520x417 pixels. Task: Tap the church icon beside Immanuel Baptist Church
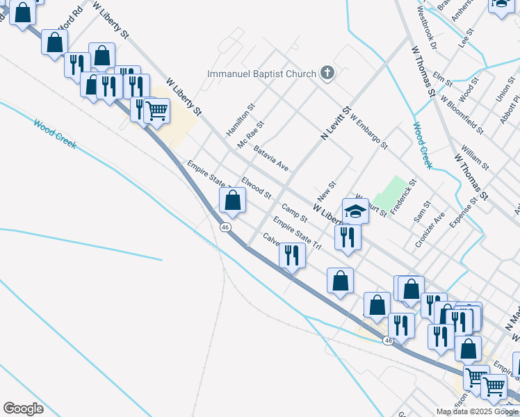pos(327,73)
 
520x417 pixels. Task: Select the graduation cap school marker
pos(355,211)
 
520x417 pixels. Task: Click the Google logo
pos(23,409)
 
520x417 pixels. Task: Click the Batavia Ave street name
pos(271,158)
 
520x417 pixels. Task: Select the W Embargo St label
pos(368,133)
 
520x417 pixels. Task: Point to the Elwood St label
pos(256,187)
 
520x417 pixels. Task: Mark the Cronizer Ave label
pos(430,231)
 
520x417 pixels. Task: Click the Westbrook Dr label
pos(425,27)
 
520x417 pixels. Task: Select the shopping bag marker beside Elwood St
pos(232,202)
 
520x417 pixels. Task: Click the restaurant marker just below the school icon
pos(346,237)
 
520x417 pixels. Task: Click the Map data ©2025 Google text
pos(477,411)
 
